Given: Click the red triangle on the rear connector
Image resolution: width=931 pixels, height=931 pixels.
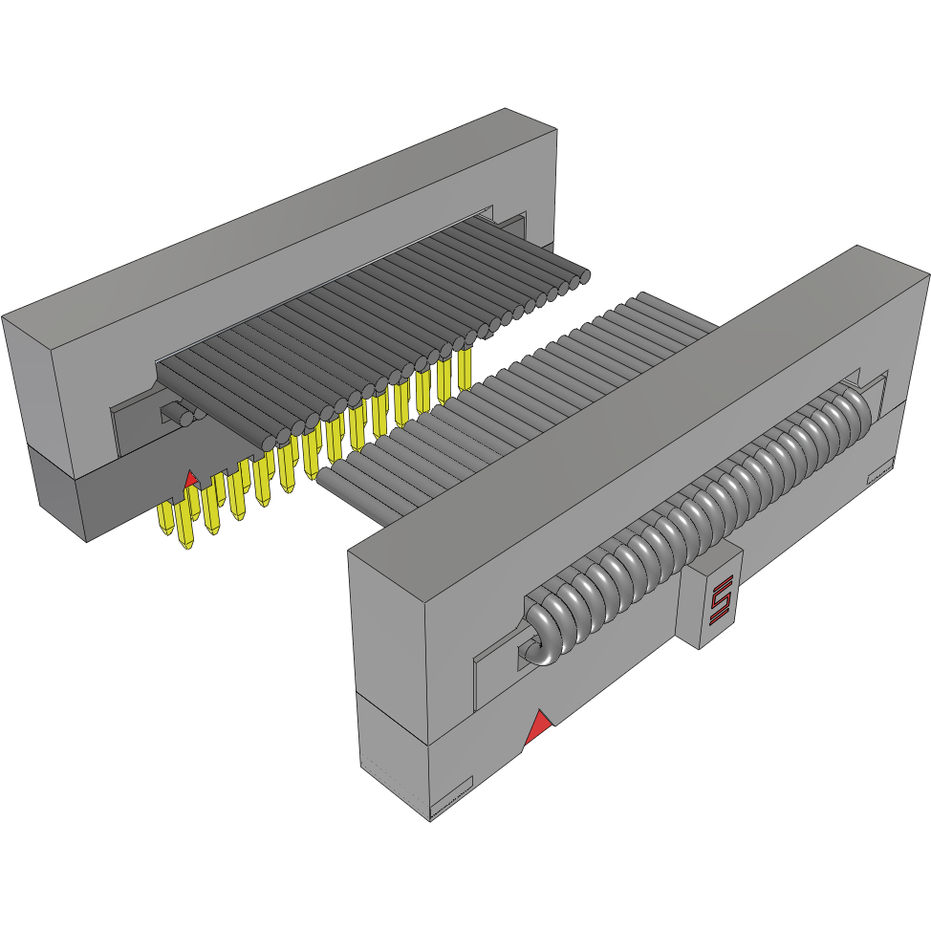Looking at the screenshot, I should tap(190, 477).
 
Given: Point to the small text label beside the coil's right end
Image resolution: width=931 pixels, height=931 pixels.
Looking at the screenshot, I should tap(877, 471).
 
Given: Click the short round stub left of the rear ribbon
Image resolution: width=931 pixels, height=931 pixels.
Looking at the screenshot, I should tap(177, 416).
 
